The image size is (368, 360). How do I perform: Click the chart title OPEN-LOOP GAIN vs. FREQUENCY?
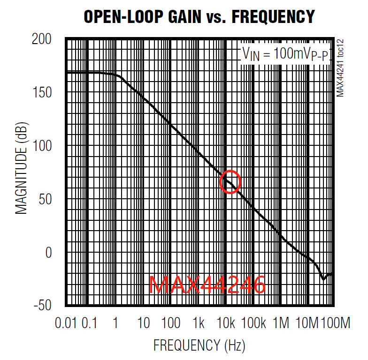199,17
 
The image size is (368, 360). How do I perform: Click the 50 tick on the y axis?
46,200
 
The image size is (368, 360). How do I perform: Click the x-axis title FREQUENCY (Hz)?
199,346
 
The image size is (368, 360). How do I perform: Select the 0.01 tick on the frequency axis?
65,323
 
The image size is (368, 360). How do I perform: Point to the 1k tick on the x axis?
199,323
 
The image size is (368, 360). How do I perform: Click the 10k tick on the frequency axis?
226,323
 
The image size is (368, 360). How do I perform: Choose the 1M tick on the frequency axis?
281,323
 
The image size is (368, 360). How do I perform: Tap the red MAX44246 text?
207,285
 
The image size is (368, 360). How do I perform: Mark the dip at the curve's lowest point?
323,279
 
